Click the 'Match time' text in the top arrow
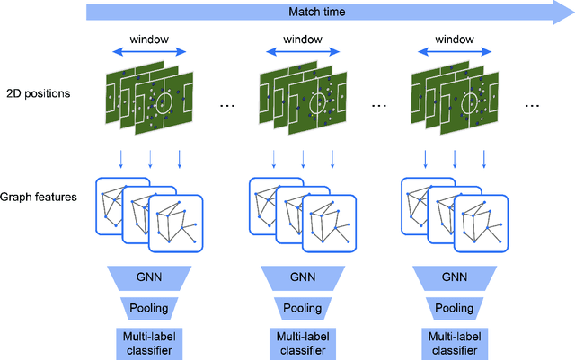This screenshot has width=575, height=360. (315, 13)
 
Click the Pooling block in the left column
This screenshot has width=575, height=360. (150, 308)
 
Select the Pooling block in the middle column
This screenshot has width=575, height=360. (302, 308)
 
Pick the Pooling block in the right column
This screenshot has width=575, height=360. (455, 308)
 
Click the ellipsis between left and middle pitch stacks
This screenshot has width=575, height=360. (228, 105)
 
